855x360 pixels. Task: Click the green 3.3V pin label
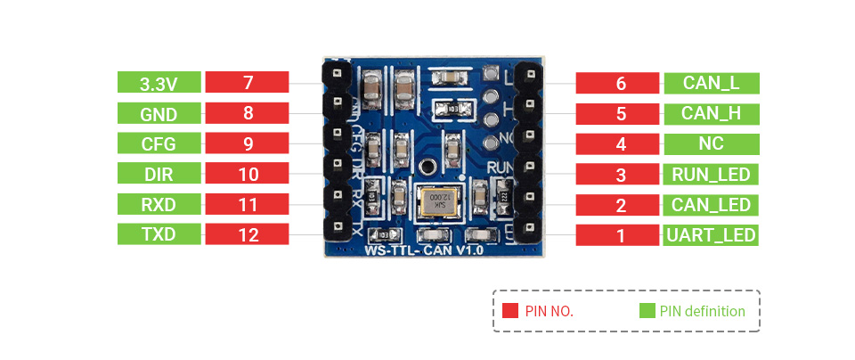(159, 84)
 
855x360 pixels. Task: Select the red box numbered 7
(248, 84)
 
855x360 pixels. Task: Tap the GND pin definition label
(159, 114)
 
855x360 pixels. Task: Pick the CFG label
(159, 144)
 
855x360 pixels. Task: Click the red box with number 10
(248, 175)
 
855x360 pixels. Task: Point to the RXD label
(159, 205)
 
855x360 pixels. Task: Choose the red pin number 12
(248, 235)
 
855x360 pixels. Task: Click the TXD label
(159, 235)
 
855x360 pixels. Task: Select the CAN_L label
(711, 84)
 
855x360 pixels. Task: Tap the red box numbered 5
(621, 114)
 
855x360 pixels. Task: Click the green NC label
(711, 144)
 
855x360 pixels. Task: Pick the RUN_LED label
(711, 175)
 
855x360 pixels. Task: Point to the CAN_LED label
(711, 205)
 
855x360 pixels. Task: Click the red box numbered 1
(621, 236)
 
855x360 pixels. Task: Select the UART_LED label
(711, 236)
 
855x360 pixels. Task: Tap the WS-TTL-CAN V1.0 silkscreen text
(424, 251)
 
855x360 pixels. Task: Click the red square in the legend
(510, 311)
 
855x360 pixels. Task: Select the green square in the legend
(647, 311)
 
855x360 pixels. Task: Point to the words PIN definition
(703, 311)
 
